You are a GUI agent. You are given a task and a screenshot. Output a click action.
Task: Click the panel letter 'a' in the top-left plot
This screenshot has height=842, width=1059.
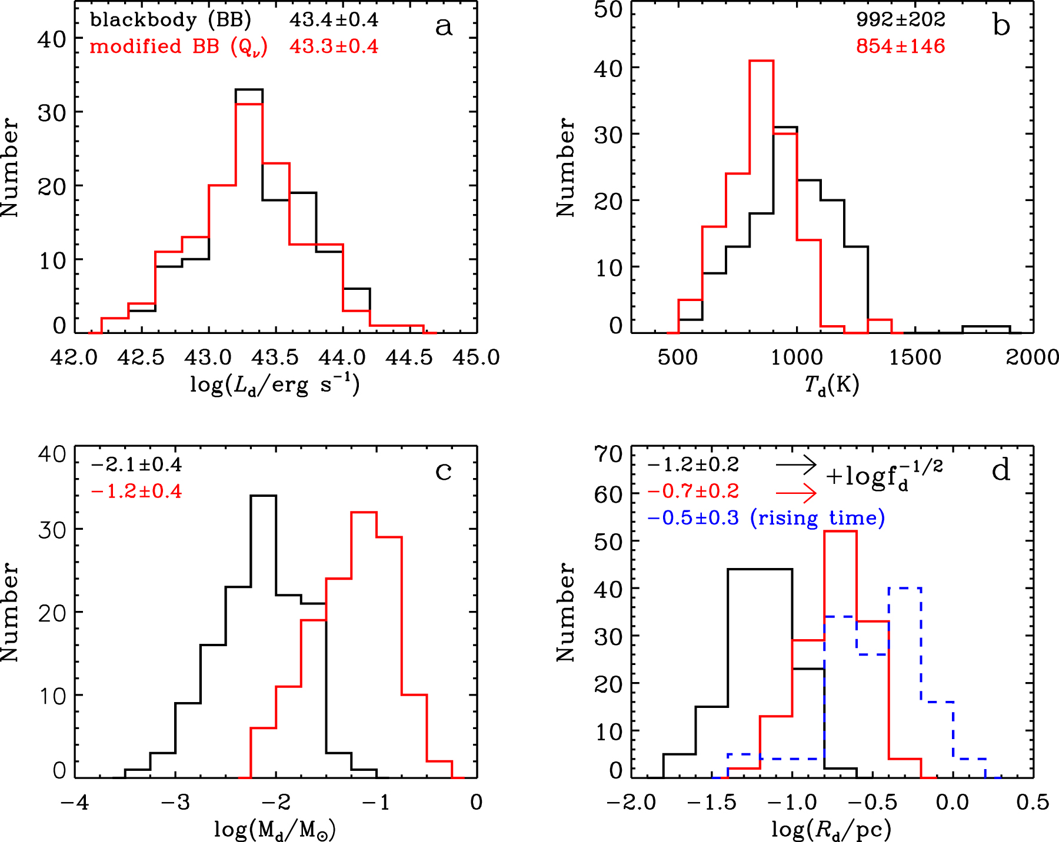click(444, 26)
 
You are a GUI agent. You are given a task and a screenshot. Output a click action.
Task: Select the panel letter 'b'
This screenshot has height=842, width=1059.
click(1001, 26)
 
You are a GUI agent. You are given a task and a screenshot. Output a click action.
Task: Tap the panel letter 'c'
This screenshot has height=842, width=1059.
click(444, 471)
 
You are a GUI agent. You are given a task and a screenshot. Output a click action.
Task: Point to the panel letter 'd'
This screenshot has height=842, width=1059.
click(1001, 470)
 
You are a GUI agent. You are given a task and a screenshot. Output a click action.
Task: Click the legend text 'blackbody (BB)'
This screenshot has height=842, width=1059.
click(171, 20)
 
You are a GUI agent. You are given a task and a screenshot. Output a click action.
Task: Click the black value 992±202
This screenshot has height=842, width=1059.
click(900, 20)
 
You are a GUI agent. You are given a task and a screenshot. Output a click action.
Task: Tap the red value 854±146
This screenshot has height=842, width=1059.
click(900, 46)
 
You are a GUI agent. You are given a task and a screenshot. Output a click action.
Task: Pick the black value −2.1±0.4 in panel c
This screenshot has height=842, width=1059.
click(136, 465)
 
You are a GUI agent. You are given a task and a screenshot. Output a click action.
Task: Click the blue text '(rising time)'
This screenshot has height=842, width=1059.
click(818, 518)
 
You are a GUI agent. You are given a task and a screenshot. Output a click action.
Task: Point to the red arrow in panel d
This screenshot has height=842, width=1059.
click(796, 492)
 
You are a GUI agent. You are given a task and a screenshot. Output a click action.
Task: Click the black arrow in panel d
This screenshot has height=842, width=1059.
click(796, 465)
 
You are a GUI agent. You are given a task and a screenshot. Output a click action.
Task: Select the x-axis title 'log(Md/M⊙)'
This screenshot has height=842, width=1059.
click(275, 830)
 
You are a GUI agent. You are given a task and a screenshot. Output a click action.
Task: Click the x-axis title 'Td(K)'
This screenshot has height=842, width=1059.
click(831, 386)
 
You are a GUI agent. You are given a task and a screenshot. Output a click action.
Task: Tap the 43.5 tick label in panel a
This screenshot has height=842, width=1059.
click(275, 357)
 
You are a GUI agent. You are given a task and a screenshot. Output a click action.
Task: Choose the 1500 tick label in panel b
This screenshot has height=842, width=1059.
click(915, 357)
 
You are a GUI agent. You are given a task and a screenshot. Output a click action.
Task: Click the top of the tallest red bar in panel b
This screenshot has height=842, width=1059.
click(761, 61)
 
